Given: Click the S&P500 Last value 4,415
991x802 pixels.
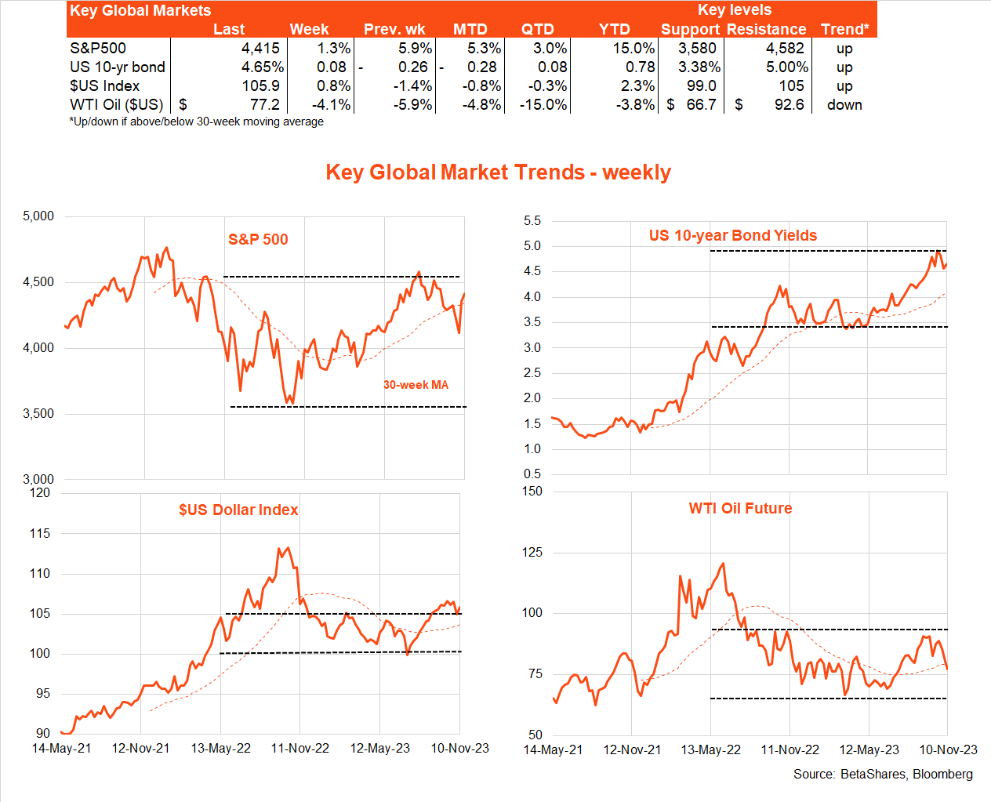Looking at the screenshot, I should [260, 49].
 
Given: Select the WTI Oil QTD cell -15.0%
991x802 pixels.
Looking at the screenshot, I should [543, 105].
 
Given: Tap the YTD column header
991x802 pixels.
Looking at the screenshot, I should [614, 30].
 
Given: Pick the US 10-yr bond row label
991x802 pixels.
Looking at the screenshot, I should [118, 67].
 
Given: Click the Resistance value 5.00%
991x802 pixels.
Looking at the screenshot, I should [786, 67].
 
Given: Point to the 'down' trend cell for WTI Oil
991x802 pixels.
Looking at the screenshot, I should [844, 105].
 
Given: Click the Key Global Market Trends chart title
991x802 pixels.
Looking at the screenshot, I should [498, 172].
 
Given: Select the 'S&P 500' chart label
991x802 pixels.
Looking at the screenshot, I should [258, 240].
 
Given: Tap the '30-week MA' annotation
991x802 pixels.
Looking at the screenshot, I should [416, 385].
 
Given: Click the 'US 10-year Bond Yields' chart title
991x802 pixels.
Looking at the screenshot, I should [732, 236].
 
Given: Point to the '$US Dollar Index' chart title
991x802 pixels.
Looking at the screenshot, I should [238, 510].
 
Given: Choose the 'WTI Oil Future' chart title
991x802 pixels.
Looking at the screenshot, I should [740, 509].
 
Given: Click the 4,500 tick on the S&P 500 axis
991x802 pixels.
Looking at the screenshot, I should [38, 282].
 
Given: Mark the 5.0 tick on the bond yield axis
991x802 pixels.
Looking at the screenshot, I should [532, 246].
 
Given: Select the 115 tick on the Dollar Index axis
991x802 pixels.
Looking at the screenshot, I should [39, 534].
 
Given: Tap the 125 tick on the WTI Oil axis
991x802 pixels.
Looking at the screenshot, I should [532, 553].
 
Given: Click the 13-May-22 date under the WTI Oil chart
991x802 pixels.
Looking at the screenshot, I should [710, 750].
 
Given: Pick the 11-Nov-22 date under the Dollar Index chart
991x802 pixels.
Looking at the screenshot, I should [299, 749].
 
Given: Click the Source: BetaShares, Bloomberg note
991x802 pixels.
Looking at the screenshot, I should [883, 775].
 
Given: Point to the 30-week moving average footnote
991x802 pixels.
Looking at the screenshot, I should [196, 122].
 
